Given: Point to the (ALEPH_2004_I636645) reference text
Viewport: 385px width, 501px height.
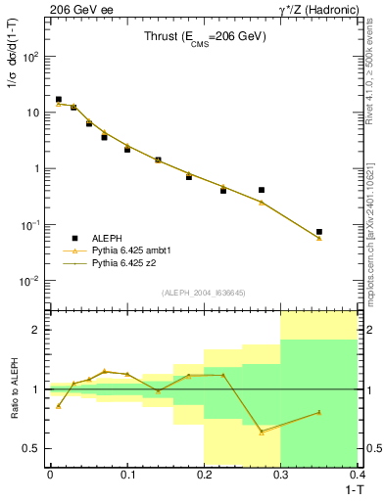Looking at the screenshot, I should click(x=203, y=292).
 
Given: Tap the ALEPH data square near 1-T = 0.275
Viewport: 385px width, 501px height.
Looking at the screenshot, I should click(x=262, y=190).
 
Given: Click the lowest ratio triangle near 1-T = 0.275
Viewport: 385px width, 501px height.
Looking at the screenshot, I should click(x=262, y=432).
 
